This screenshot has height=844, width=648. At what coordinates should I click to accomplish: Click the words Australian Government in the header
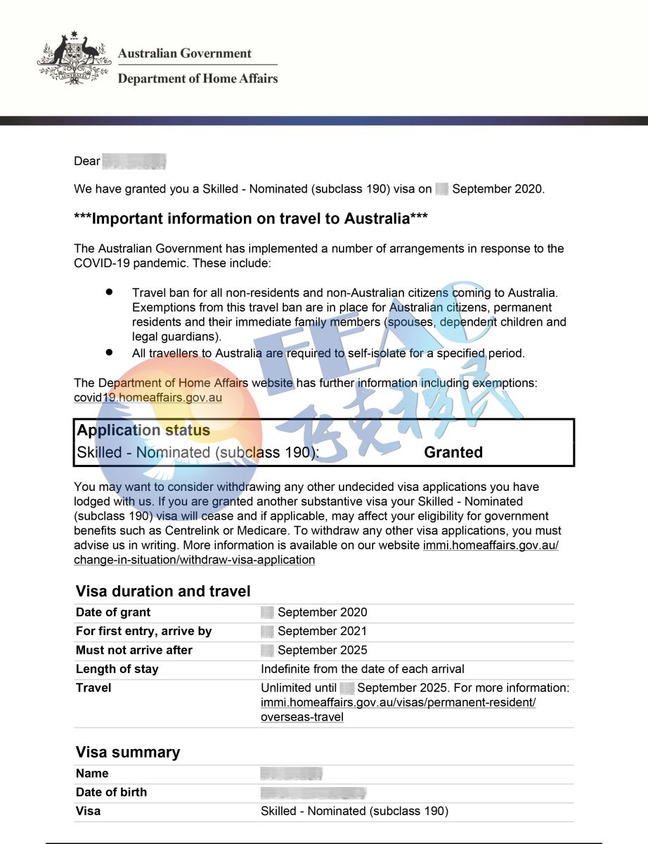[184, 53]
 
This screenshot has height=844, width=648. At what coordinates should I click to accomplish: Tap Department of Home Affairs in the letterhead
[197, 78]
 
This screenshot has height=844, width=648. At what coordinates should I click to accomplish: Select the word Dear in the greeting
[87, 162]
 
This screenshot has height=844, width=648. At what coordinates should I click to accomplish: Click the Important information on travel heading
[250, 219]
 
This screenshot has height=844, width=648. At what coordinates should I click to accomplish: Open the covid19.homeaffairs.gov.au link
[148, 397]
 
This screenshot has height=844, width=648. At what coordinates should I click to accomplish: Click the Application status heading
[143, 430]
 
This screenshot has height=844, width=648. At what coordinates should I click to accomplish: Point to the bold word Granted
[453, 452]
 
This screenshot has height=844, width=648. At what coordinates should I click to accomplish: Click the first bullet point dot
[109, 290]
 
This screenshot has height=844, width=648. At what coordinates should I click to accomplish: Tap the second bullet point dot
[109, 351]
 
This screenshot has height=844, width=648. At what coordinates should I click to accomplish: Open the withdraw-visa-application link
[194, 560]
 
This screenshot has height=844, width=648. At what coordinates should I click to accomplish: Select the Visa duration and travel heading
[163, 591]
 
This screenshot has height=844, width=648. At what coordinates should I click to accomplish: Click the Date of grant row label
[113, 612]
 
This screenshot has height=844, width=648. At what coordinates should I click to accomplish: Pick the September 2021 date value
[322, 631]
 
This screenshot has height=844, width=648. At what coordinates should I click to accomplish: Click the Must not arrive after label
[134, 650]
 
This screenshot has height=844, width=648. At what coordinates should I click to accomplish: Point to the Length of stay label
[117, 669]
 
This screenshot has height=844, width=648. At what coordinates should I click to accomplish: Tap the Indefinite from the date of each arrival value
[362, 669]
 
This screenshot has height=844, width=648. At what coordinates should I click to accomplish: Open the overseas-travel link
[302, 717]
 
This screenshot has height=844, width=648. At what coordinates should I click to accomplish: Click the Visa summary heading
[128, 752]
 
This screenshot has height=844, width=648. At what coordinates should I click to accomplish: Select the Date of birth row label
[112, 792]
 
